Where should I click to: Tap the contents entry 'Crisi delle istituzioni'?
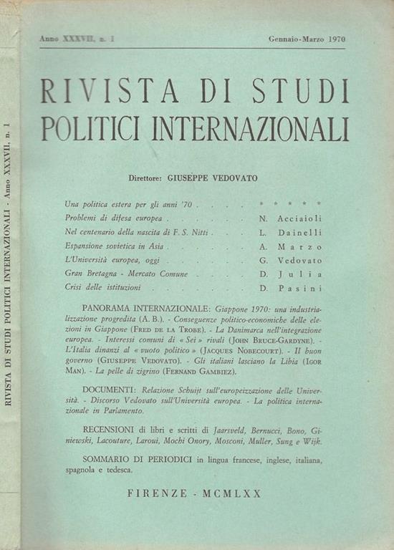[107, 287]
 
